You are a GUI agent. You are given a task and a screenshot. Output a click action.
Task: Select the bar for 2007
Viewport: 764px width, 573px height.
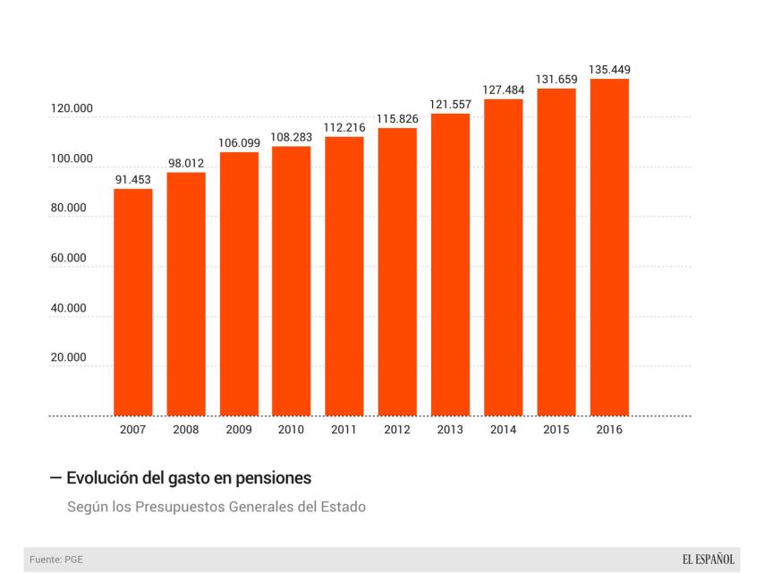coord(132,302)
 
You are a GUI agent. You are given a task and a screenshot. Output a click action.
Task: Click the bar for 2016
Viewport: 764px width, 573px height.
coord(608,247)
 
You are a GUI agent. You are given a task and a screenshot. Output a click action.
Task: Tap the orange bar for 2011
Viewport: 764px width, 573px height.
coord(344,276)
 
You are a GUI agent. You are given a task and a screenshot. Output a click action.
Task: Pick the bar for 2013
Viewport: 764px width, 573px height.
coord(450,264)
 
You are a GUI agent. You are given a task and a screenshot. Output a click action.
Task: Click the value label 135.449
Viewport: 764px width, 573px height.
coord(608,69)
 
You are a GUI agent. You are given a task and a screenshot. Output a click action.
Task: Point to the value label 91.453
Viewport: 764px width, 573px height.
coord(132,179)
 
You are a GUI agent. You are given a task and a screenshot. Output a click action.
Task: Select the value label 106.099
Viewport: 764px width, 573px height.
coord(238,142)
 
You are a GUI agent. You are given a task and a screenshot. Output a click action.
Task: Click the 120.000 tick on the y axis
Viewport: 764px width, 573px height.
coord(71,109)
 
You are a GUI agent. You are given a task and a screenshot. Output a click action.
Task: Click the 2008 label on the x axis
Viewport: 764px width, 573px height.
coord(185,430)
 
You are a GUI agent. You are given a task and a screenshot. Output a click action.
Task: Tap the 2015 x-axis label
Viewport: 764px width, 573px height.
coord(556,430)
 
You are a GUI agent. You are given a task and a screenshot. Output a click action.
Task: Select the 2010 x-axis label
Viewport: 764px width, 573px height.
coord(291,430)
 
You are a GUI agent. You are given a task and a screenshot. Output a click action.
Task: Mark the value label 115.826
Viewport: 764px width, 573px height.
coord(397,118)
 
